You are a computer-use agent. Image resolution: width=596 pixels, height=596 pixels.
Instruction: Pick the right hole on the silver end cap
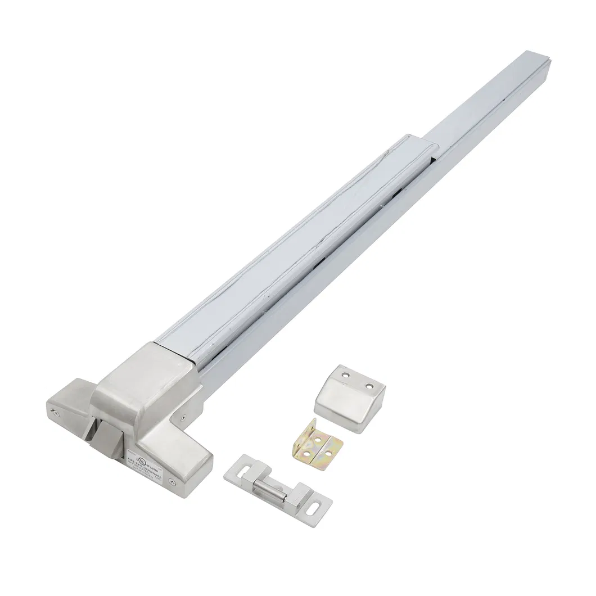click(369, 387)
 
